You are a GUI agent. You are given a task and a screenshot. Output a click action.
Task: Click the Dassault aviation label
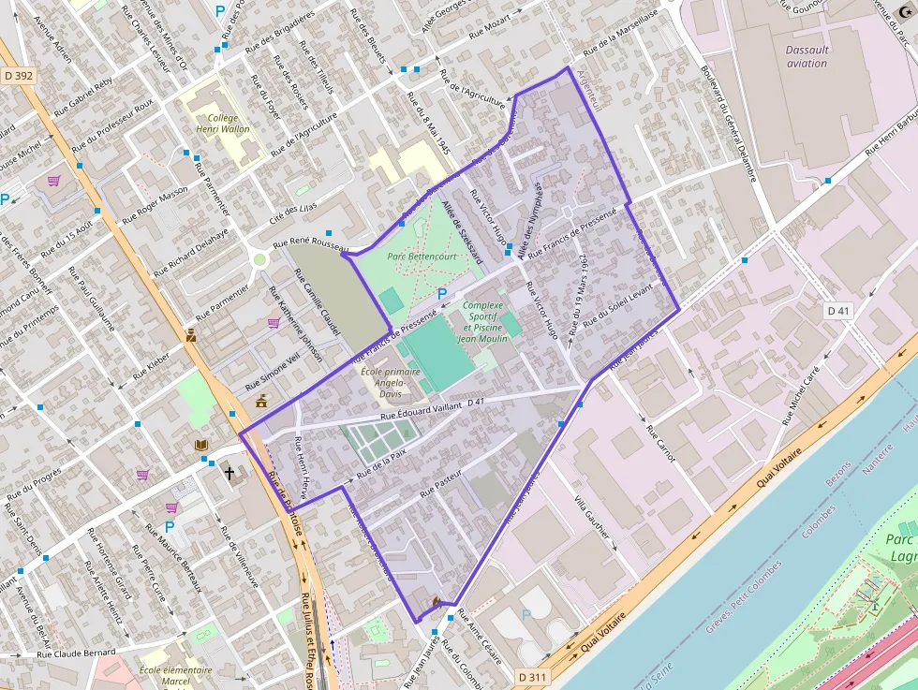coord(807,56)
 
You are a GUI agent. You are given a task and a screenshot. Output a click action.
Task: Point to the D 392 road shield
coord(18,74)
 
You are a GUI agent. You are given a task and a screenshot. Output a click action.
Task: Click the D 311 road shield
coord(532,675)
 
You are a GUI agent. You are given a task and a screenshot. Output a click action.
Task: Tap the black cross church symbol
coord(229,473)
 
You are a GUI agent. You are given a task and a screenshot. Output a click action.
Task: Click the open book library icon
coord(201,446)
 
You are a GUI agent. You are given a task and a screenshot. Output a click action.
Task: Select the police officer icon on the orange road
coord(191,335)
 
